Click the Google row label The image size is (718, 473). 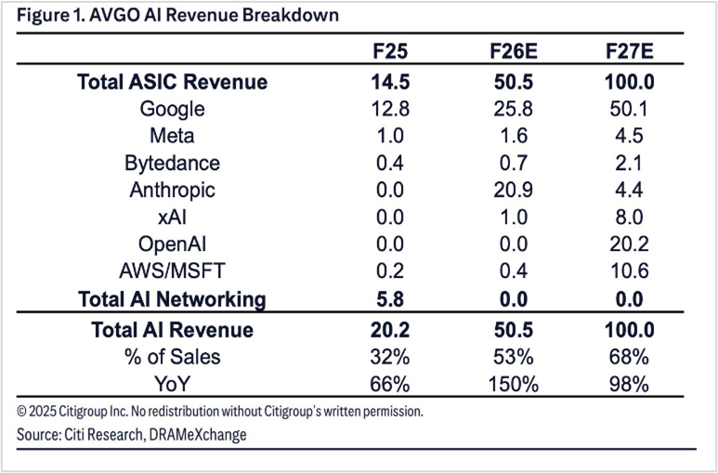point(172,110)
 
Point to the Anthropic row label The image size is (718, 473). point(172,191)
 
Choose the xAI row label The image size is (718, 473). point(172,217)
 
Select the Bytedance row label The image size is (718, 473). point(172,164)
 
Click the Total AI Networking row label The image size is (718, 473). point(172,299)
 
